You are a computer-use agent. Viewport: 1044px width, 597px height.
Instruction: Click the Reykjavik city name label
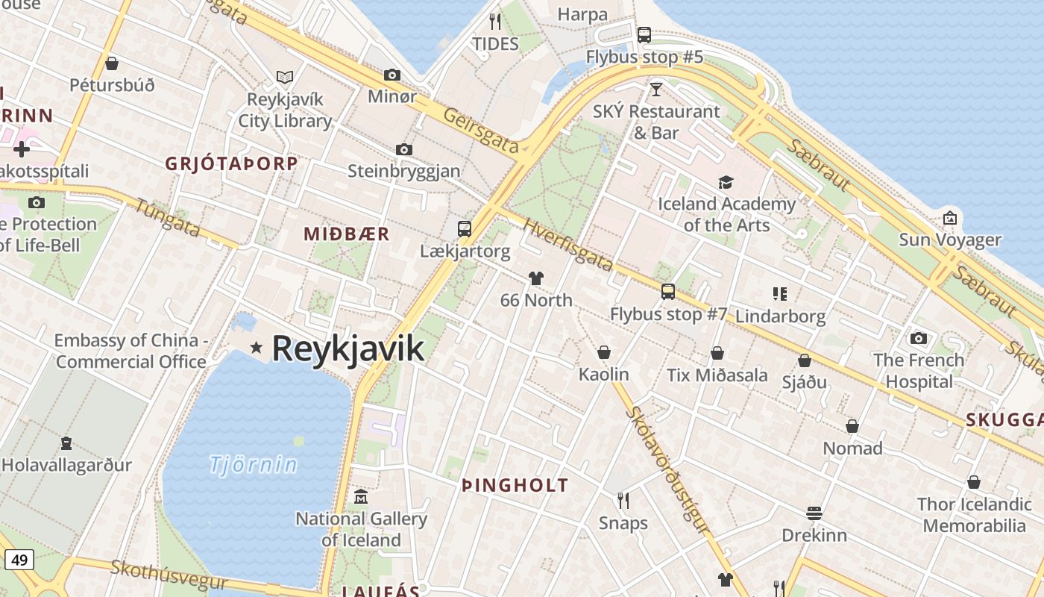tap(348, 348)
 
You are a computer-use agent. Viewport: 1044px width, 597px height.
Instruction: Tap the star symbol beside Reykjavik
tap(257, 347)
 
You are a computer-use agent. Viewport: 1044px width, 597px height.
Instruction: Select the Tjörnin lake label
tap(253, 465)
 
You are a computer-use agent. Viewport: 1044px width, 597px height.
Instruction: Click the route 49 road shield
tap(19, 559)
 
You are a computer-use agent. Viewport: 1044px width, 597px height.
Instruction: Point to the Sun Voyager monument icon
tap(949, 218)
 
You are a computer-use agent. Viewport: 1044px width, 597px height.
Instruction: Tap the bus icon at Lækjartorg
tap(464, 229)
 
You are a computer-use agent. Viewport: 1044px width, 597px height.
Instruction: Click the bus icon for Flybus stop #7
tap(668, 292)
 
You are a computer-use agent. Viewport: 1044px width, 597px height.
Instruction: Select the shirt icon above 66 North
tap(535, 278)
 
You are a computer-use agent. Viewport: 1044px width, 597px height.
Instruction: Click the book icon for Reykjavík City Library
tap(284, 77)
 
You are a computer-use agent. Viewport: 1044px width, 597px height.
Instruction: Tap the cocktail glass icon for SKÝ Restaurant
tap(655, 90)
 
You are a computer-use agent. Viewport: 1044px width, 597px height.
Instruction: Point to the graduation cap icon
tap(726, 182)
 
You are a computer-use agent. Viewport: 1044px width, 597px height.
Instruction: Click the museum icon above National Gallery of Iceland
tap(362, 496)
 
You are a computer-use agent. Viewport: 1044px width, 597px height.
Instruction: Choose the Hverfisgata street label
tap(567, 245)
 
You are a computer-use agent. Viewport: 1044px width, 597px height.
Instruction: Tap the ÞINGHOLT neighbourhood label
tap(515, 486)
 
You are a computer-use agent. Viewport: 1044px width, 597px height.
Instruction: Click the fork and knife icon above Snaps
tap(623, 501)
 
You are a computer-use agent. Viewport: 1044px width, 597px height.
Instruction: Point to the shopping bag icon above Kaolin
tap(604, 352)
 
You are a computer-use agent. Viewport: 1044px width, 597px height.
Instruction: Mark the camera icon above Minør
tap(392, 75)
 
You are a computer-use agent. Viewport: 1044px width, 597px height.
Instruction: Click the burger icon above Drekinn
tap(814, 513)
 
